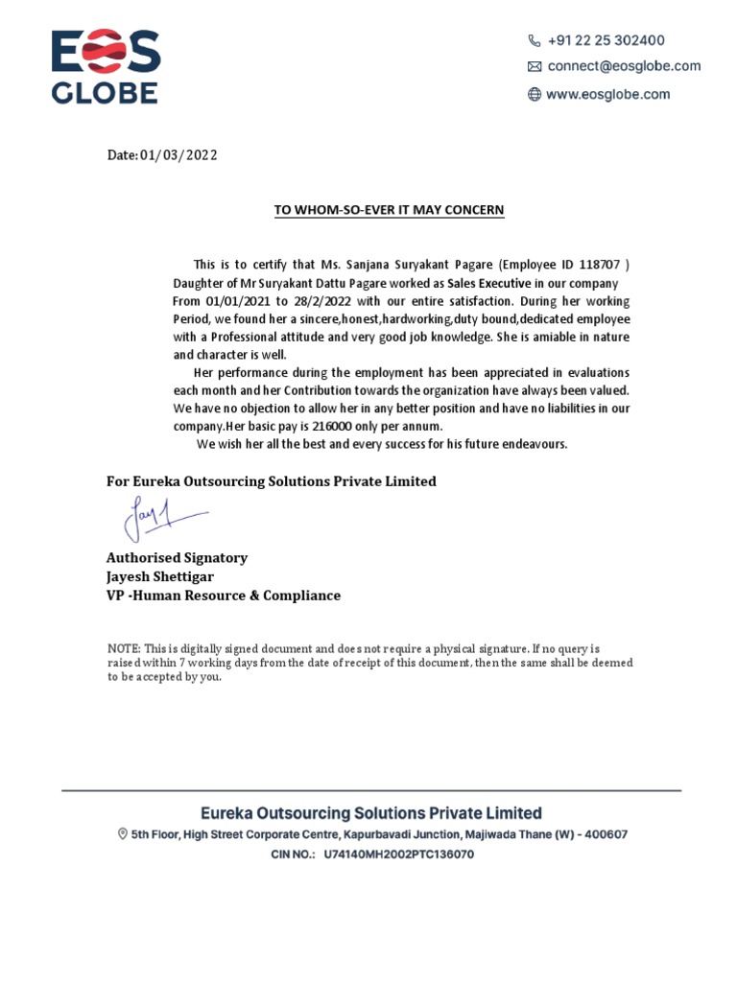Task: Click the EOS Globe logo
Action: click(x=105, y=66)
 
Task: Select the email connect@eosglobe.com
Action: click(x=624, y=66)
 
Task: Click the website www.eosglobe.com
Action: click(x=607, y=94)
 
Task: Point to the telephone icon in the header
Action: click(x=535, y=40)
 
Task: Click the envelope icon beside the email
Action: click(x=535, y=67)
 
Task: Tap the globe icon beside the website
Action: click(x=535, y=94)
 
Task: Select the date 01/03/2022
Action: click(x=178, y=155)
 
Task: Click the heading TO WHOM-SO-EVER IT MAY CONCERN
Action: click(x=389, y=210)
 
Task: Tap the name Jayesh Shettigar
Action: click(x=159, y=576)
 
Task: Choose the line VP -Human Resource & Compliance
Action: click(x=223, y=596)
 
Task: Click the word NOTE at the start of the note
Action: click(x=123, y=649)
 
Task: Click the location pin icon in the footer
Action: click(x=122, y=834)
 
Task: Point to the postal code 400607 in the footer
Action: click(x=606, y=834)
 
